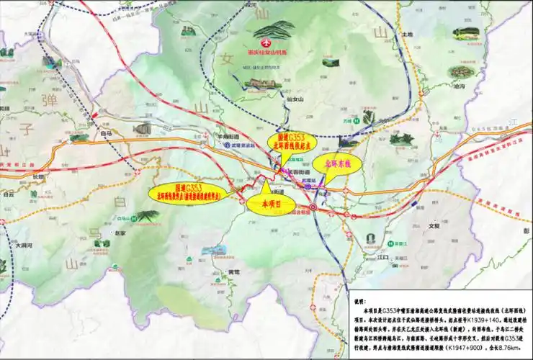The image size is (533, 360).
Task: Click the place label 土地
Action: coord(408,34)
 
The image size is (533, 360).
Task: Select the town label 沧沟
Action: coord(460,86)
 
